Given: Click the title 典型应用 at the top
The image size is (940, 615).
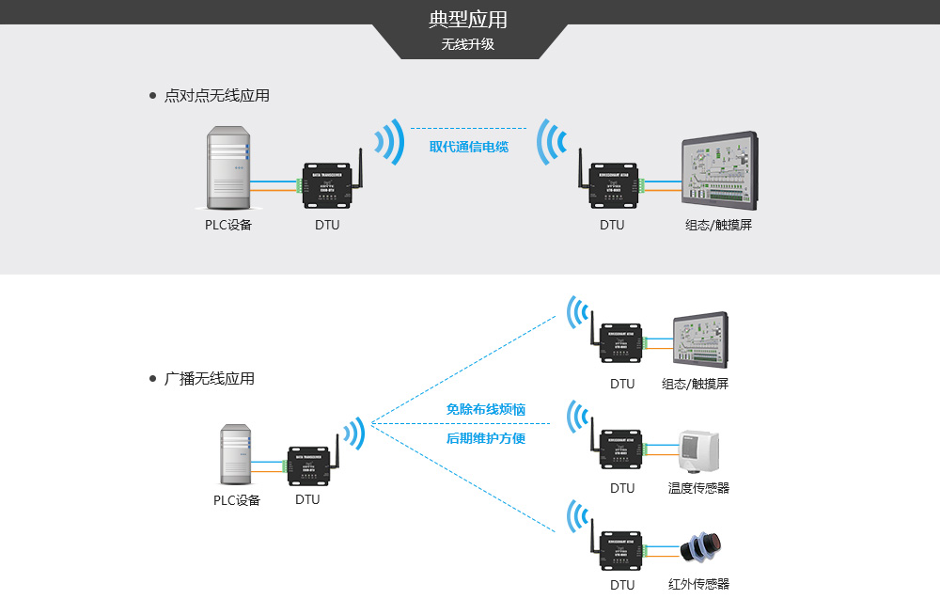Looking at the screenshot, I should [x=468, y=20].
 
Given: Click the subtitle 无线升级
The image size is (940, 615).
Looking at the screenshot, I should [x=468, y=44].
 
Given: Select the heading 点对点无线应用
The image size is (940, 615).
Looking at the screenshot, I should [x=216, y=96].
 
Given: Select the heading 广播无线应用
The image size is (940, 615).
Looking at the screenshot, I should [x=209, y=379].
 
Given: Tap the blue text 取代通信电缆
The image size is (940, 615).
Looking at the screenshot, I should [x=469, y=147].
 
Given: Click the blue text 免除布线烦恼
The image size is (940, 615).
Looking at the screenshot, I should [x=485, y=410].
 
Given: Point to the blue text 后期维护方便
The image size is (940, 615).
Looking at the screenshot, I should [x=485, y=438].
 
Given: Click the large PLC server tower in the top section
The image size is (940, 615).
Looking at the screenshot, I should [x=228, y=169].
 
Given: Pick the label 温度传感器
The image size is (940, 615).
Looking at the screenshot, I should [x=698, y=488].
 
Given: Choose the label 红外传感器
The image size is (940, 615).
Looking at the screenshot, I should [x=698, y=584].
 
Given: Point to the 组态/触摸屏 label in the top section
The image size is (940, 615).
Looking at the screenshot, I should [x=718, y=226].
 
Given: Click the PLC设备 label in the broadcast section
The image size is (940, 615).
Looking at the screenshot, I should [x=236, y=500].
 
